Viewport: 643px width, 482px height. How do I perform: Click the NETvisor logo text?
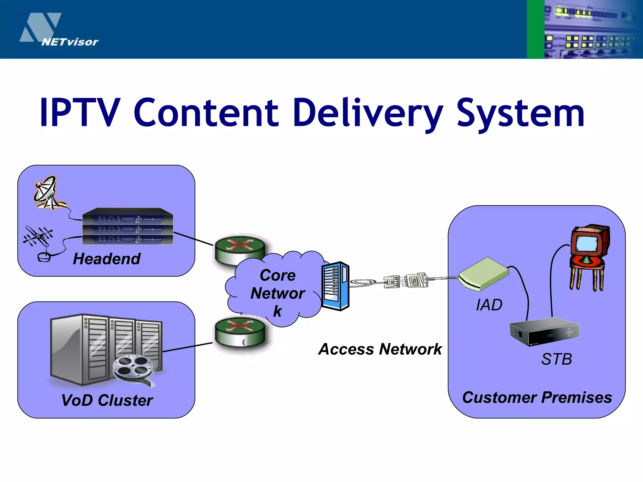(70, 42)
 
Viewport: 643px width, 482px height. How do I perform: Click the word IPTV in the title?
(80, 113)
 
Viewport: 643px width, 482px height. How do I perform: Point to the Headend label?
(106, 259)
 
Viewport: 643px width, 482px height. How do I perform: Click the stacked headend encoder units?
(127, 227)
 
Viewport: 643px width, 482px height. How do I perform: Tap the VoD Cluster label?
(107, 400)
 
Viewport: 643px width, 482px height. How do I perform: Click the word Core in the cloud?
(278, 275)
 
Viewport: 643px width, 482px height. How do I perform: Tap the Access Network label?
(380, 349)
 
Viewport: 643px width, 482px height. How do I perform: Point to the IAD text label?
(489, 305)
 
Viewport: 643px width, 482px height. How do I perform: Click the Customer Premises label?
(537, 397)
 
